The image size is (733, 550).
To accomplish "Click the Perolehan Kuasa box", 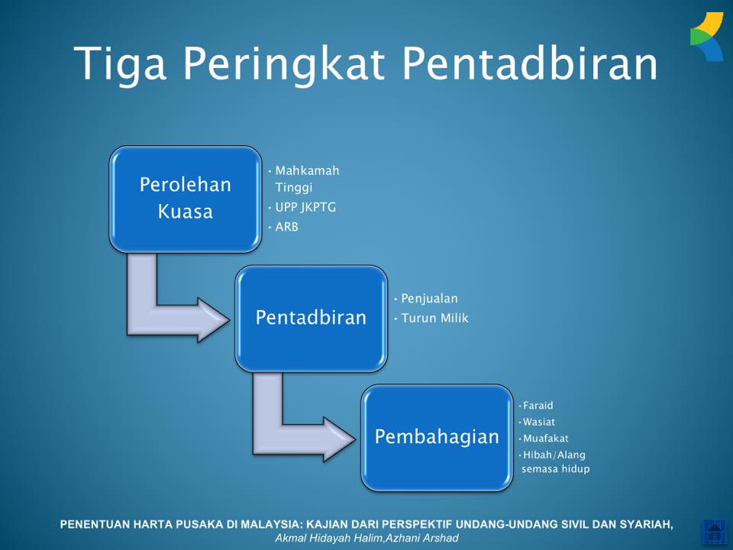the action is coord(185,199).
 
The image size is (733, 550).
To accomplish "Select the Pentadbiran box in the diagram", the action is coord(311,319).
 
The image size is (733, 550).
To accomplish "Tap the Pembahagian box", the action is coord(437,438).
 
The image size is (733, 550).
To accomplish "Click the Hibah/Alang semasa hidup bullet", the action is coord(555,461).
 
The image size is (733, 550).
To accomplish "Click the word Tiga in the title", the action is coord(120,64).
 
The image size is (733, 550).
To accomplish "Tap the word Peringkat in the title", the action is coord(284,64).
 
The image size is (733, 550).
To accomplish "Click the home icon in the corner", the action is coord(714,532).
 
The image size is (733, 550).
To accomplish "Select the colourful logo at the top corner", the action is coord(707,37).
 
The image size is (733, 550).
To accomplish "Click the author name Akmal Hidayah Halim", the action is coord(328,539).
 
